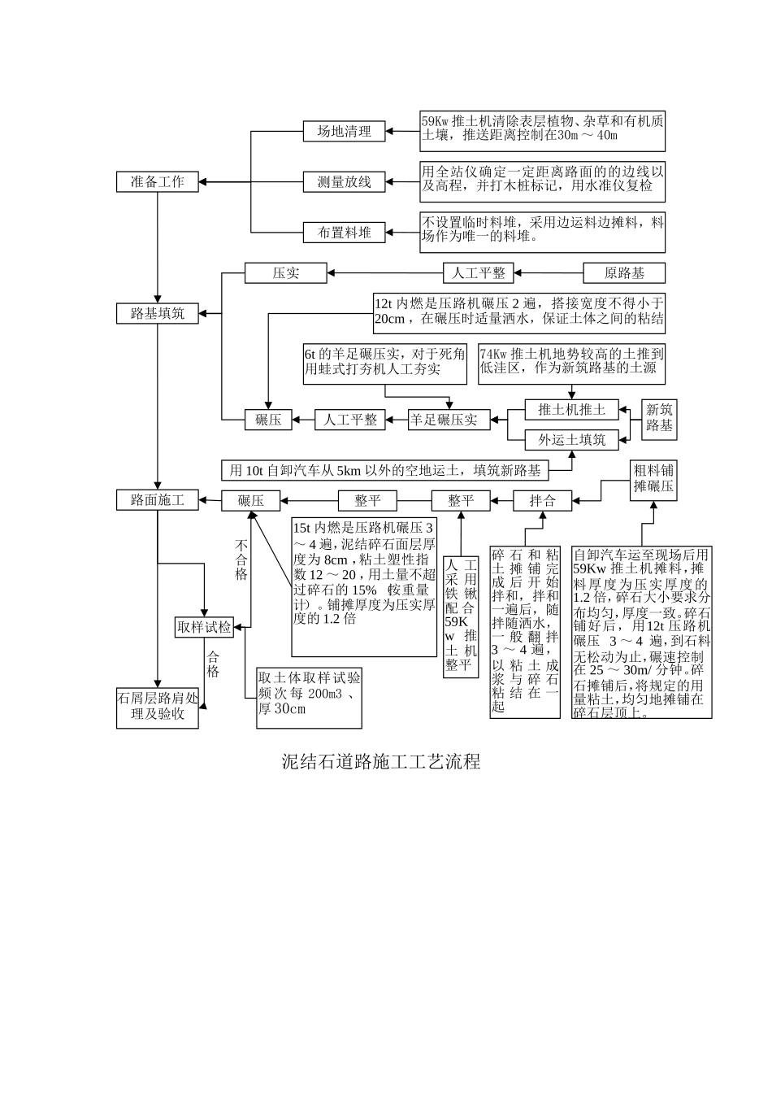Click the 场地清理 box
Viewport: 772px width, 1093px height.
tap(344, 131)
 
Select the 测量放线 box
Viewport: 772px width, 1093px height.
tap(344, 182)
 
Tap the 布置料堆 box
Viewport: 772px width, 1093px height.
tap(344, 233)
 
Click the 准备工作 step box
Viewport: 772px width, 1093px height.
tap(157, 182)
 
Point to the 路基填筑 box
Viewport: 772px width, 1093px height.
tap(157, 313)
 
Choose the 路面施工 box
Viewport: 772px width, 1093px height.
tap(157, 500)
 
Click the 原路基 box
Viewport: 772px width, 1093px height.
tap(625, 273)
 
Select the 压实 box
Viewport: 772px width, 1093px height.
tap(285, 273)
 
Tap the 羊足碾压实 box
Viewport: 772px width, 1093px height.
tap(443, 420)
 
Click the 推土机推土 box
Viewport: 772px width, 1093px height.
tap(571, 409)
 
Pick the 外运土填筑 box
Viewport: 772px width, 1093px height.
tap(571, 440)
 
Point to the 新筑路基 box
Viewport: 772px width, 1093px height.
tap(659, 418)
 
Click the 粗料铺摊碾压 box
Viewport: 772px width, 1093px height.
tap(653, 478)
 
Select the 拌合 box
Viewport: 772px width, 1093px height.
tap(542, 501)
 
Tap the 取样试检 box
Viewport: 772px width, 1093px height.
tap(204, 627)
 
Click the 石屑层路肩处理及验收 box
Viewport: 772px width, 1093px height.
tap(157, 707)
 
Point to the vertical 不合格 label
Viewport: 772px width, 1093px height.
tap(241, 559)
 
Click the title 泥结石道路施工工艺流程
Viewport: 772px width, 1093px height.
tap(381, 761)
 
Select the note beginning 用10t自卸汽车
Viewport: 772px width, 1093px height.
tap(384, 470)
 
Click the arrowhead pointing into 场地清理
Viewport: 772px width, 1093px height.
tap(389, 131)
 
